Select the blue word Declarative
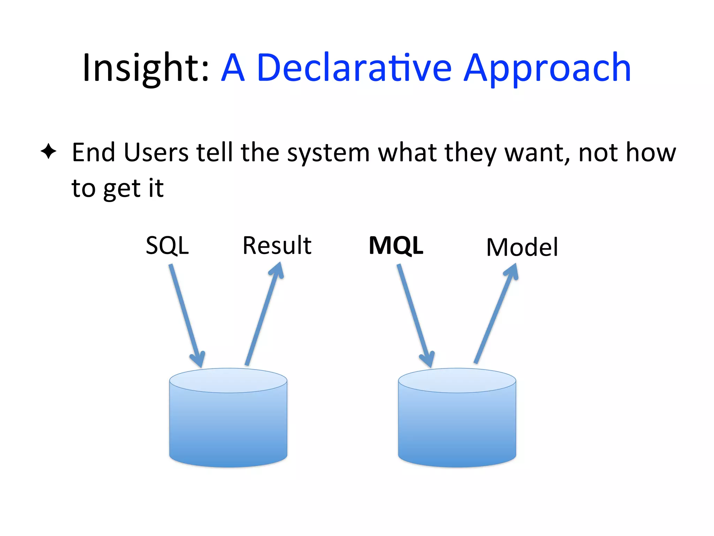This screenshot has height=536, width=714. pos(354,68)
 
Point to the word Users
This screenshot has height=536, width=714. pos(156,153)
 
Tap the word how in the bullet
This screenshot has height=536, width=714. pos(651,153)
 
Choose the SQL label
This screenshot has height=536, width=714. pos(167,246)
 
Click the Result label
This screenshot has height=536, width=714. pos(277,246)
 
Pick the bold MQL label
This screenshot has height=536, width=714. pos(396,246)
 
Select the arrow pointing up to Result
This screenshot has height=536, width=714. pos(264,314)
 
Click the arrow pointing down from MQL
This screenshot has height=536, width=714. pos(415,314)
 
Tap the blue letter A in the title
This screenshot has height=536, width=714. pos(233,68)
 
